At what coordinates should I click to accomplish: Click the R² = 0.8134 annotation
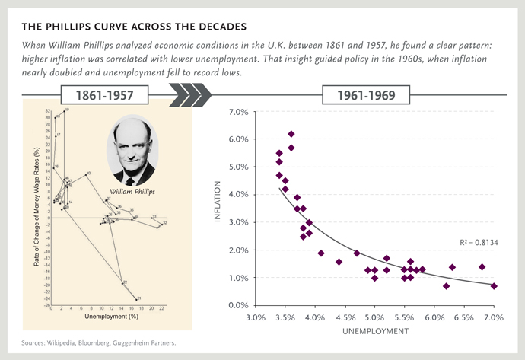point(479,242)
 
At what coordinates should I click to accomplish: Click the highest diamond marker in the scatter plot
point(291,134)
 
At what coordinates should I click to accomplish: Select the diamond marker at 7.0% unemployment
point(494,286)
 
